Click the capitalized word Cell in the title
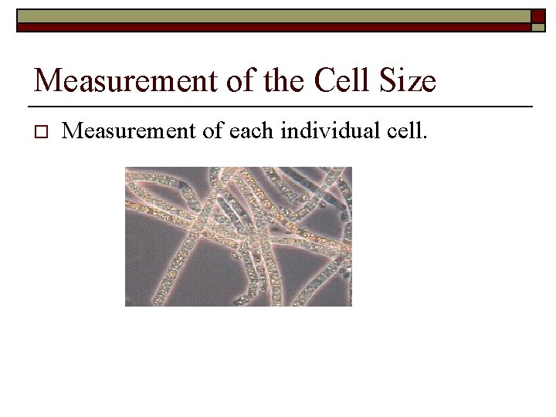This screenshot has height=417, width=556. pos(344,80)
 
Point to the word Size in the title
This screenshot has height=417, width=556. pos(409,80)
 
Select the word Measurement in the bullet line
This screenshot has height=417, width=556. pos(123,131)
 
